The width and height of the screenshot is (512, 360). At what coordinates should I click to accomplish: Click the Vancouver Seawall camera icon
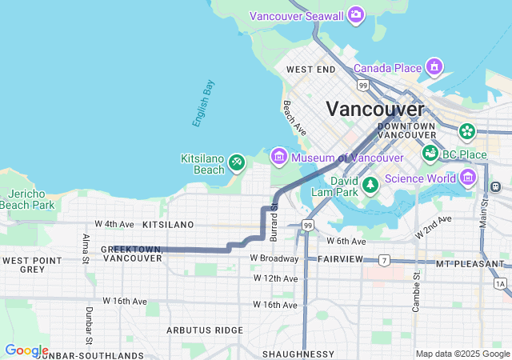coord(356,15)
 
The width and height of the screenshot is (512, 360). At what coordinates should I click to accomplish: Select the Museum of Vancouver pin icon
coord(278,156)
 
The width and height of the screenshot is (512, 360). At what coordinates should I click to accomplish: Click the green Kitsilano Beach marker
coord(236,163)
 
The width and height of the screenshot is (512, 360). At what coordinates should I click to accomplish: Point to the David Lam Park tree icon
coord(370,186)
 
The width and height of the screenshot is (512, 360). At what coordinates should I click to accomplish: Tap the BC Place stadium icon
coord(430,152)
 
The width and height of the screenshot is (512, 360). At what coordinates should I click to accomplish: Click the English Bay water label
coord(203,103)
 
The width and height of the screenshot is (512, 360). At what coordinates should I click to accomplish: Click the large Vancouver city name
coord(374,109)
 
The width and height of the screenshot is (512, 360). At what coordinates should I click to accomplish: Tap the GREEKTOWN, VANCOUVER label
coord(132,254)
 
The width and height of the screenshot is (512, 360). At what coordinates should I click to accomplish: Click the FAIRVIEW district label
coord(341,259)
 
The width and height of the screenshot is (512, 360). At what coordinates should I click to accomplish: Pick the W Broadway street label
coord(274,258)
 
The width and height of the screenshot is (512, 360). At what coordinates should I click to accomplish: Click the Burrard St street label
coord(274,217)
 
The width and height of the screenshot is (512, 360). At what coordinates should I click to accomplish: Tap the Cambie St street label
coord(416,290)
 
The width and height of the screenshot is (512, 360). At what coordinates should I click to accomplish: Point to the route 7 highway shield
coord(384,261)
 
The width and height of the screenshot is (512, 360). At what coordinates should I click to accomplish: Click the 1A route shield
coord(501,283)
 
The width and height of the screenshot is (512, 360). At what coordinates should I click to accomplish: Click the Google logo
coord(26,350)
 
